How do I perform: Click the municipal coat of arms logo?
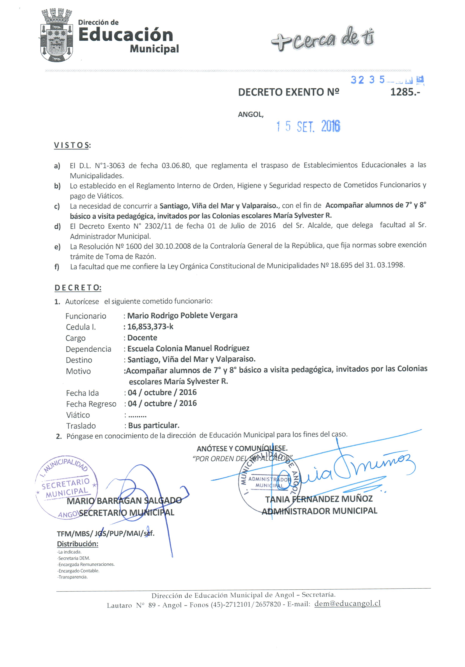56,35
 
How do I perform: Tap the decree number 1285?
405,92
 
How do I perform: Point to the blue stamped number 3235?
367,80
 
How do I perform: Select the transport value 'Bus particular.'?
154,425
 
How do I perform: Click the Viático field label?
78,415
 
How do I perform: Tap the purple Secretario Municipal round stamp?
66,487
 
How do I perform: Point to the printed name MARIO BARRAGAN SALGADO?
124,501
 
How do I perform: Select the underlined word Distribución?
78,544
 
